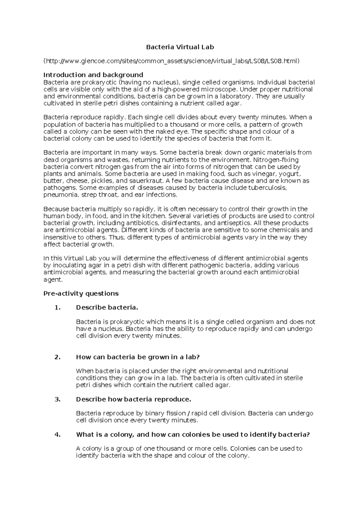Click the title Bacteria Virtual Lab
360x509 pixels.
point(180,47)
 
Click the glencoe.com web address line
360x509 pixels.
point(171,61)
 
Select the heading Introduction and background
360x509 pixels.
point(93,75)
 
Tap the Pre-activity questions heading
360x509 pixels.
point(81,294)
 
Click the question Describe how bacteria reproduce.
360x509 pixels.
point(133,399)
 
